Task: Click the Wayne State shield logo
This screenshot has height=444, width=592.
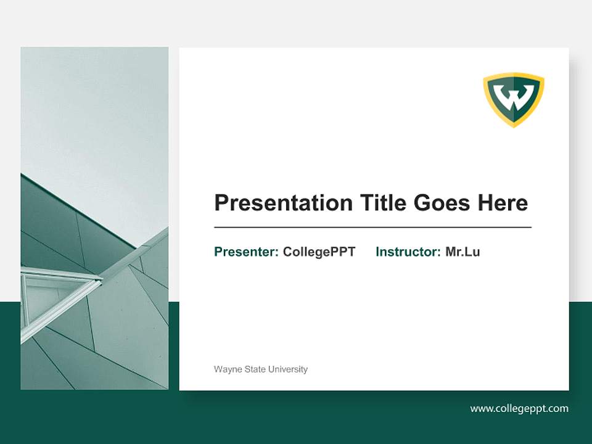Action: pos(514,99)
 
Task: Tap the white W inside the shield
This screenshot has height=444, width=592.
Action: pos(514,97)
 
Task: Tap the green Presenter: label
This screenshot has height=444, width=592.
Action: pos(246,252)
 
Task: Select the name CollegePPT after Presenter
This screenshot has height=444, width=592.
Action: pos(319,252)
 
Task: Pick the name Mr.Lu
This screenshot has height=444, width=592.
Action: pos(462,252)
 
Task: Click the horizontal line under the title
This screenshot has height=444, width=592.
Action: pos(372,228)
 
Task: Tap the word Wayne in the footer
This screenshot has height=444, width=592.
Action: pos(226,369)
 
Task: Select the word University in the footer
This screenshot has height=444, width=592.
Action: pos(287,369)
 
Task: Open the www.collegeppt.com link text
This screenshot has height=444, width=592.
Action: pos(519,408)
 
